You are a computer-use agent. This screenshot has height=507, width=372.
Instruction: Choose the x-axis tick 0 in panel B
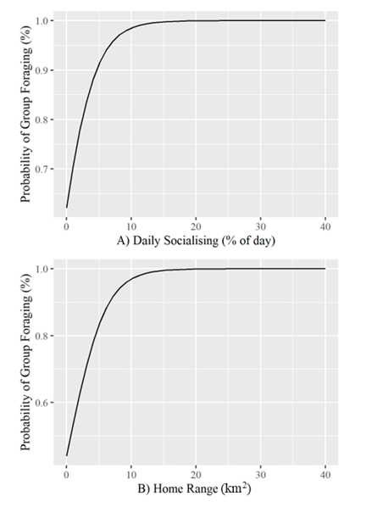[x=66, y=476]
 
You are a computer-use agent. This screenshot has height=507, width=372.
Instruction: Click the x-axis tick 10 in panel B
[x=131, y=476]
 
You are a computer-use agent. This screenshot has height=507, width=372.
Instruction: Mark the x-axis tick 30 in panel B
[x=261, y=476]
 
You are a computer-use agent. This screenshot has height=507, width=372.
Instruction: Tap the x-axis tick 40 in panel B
[x=326, y=476]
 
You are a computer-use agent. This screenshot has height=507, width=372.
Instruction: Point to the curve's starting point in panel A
[x=66, y=207]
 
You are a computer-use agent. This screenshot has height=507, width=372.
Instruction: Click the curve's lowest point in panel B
[x=66, y=455]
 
